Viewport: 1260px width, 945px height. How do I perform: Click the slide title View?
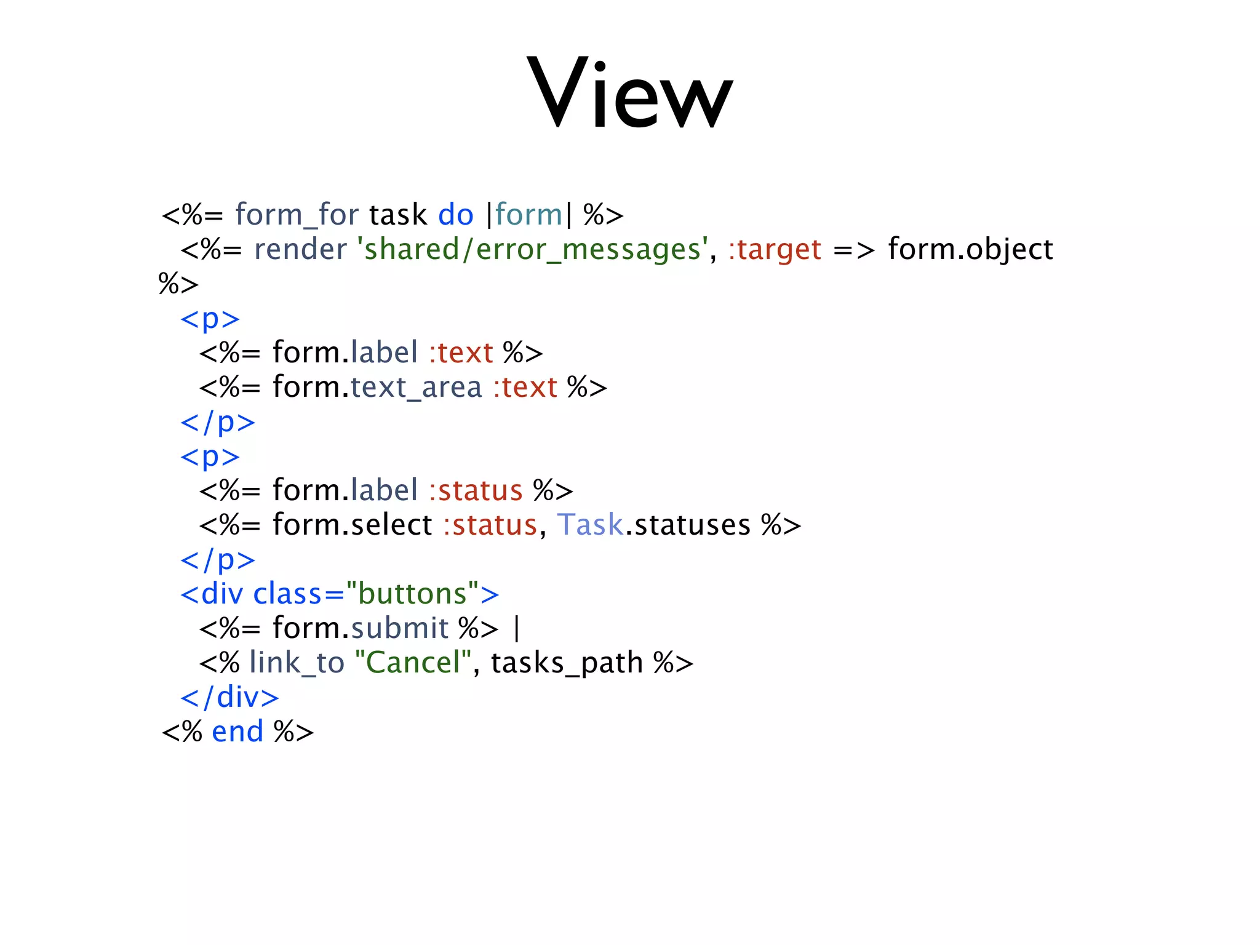point(629,92)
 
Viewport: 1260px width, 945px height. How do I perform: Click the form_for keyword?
point(297,215)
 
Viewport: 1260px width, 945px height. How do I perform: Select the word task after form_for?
point(397,215)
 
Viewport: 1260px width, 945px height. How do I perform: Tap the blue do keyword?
point(455,215)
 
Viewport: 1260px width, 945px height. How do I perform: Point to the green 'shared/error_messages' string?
point(533,250)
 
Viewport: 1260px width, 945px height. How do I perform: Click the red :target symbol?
point(775,250)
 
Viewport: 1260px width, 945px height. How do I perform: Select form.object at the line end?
point(970,250)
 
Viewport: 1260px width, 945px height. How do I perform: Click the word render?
point(300,250)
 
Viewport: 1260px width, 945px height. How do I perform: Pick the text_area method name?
point(416,388)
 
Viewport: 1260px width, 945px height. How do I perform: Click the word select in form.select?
point(391,525)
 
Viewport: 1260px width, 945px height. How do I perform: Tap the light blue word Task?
point(590,525)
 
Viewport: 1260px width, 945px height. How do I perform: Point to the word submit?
point(399,629)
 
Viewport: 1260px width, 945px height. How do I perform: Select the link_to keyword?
point(297,663)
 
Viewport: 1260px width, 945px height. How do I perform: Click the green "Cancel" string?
point(413,663)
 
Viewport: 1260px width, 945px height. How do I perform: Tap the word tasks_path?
point(567,663)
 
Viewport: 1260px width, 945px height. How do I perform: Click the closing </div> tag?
point(229,698)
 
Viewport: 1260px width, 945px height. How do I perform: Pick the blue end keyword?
point(237,732)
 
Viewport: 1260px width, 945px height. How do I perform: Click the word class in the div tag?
point(287,594)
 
